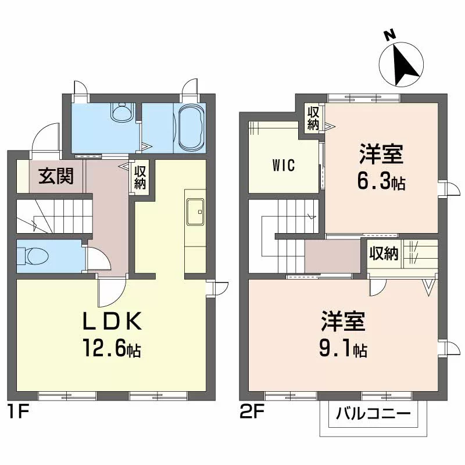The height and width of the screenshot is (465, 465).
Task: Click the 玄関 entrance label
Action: [x=56, y=176]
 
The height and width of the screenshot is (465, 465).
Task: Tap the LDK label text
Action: [x=112, y=321]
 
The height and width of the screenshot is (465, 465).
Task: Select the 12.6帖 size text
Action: [x=112, y=348]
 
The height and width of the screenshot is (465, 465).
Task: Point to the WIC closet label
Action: [x=284, y=166]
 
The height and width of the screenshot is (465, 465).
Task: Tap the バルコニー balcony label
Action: [x=373, y=414]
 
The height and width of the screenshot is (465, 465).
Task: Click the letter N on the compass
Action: [x=391, y=35]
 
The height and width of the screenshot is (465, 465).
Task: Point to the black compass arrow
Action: [x=406, y=63]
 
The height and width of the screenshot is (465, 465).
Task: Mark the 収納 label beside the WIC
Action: [x=313, y=118]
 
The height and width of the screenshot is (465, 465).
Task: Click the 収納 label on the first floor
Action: [x=140, y=177]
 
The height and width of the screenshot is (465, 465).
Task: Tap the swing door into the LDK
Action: [x=112, y=292]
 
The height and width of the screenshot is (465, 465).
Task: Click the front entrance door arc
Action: [x=45, y=137]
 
